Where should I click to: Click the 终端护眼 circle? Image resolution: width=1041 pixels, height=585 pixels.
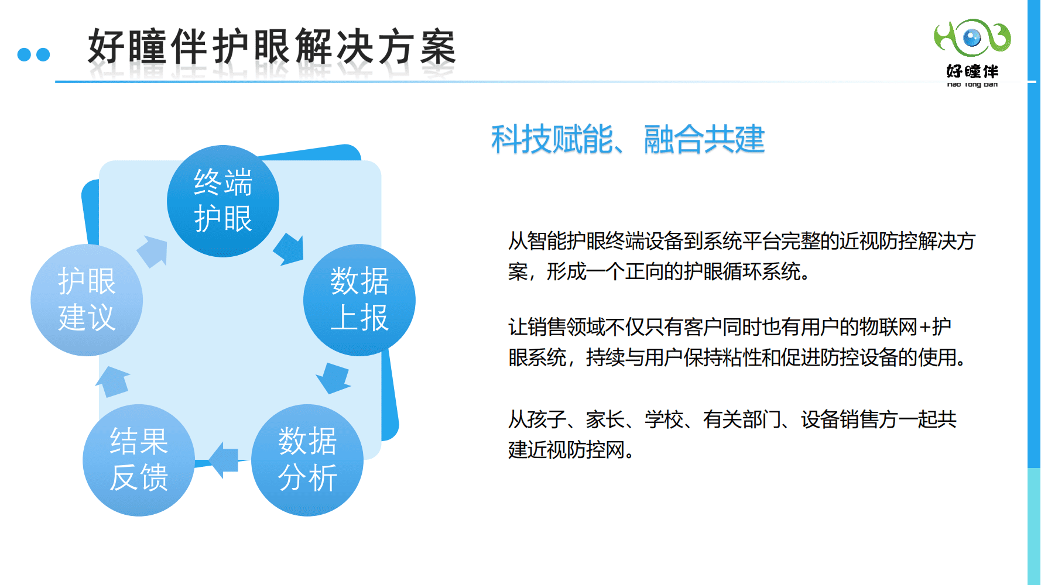tap(223, 201)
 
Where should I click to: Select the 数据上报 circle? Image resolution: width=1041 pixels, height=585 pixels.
tap(359, 300)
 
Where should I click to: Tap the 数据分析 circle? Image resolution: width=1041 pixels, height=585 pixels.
tap(307, 460)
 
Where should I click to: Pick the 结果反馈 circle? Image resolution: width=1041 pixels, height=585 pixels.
tap(139, 460)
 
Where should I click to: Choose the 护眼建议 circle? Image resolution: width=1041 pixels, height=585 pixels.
tap(87, 300)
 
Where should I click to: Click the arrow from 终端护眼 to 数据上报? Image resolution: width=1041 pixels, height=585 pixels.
tap(289, 249)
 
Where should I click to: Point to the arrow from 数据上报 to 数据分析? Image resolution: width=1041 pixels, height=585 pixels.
tap(333, 377)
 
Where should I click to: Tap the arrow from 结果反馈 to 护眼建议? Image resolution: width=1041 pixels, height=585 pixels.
tap(112, 381)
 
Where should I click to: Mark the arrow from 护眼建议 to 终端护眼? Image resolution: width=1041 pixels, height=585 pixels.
tap(153, 252)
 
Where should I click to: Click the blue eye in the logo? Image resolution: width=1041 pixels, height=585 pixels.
tap(972, 38)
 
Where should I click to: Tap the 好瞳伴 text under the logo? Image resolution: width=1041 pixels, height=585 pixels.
tap(972, 71)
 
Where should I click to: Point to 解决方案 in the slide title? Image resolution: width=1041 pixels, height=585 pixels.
tap(375, 47)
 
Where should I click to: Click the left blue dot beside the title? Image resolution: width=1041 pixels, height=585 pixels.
tap(24, 54)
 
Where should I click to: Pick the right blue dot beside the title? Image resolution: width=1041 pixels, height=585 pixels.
tap(43, 54)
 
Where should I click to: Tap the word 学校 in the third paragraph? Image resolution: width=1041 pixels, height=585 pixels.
tap(664, 419)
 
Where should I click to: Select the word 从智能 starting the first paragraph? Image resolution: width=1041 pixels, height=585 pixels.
tap(537, 241)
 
